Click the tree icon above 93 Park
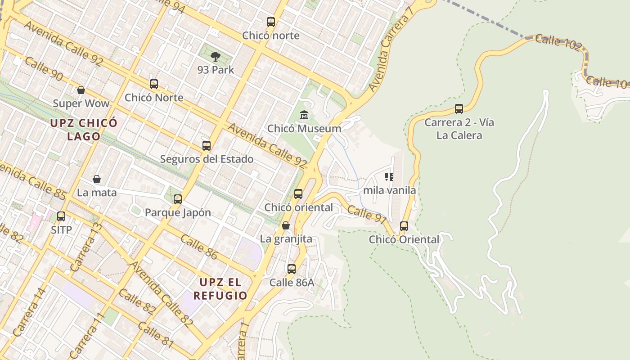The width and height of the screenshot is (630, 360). (216, 56)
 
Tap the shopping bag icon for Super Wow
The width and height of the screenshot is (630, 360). (81, 90)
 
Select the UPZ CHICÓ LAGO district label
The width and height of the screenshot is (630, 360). (84, 129)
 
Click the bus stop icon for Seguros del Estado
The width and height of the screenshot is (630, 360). (207, 146)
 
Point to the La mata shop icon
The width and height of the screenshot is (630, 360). (97, 179)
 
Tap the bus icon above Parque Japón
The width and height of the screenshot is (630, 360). (178, 199)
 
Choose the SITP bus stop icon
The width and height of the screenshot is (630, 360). (61, 216)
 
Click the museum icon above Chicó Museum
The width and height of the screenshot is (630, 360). (304, 115)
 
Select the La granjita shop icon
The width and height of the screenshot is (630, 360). (286, 225)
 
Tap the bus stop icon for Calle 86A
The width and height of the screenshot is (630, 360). (292, 269)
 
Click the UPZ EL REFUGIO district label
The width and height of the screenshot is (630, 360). (220, 289)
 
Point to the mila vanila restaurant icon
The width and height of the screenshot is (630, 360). (389, 177)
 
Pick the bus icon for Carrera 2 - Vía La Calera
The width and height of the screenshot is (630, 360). (459, 109)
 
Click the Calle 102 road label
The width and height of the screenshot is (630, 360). (558, 43)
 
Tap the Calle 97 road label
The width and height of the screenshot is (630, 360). (367, 214)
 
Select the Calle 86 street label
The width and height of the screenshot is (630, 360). (199, 247)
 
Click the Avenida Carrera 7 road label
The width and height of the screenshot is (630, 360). (390, 47)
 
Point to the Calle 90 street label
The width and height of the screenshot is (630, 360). (44, 69)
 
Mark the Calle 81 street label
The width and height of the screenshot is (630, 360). (156, 334)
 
